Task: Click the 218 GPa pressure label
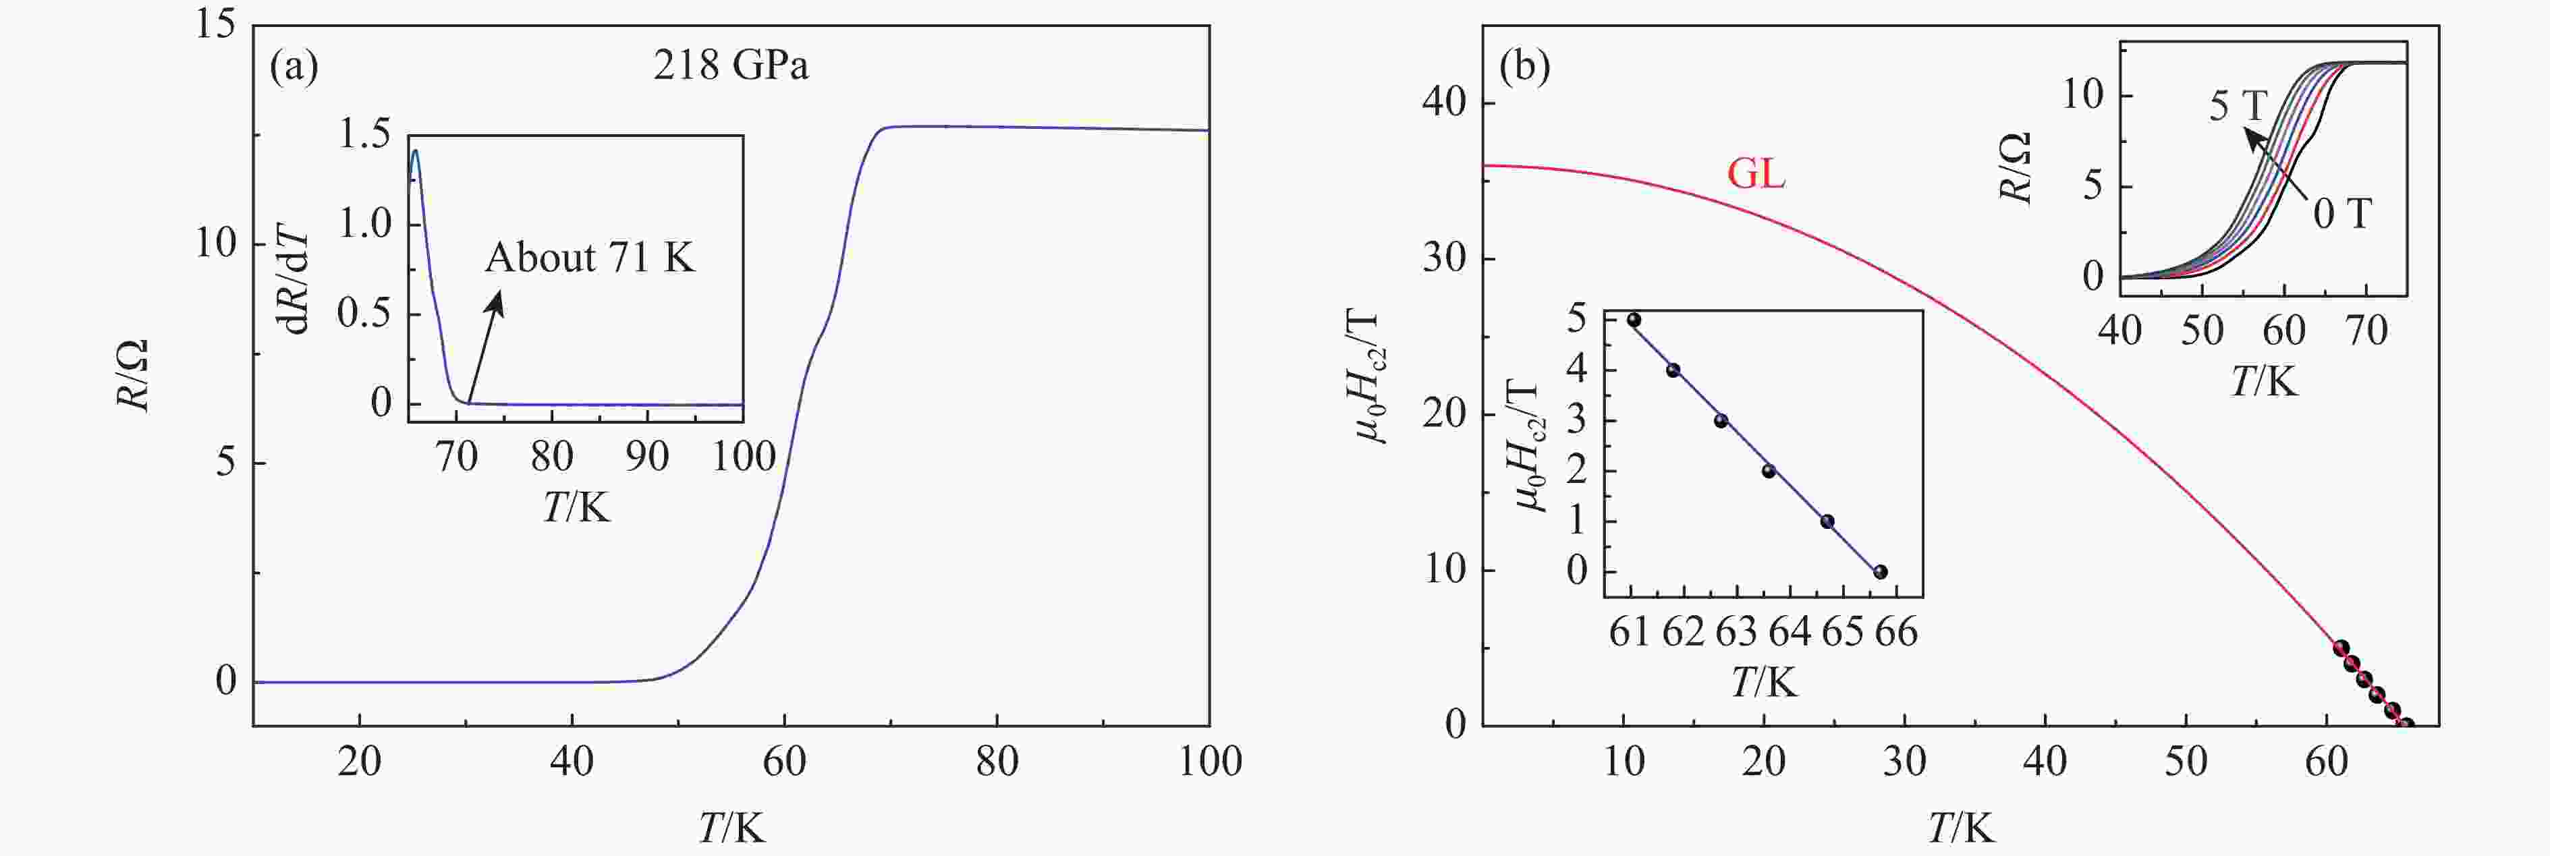tap(731, 66)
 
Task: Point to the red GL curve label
tap(1756, 174)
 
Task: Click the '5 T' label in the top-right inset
tap(2237, 106)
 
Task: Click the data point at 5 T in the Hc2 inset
tap(1634, 320)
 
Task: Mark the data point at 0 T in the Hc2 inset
tap(1880, 572)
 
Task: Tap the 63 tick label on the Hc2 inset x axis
tap(1736, 632)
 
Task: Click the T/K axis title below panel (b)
tap(1960, 827)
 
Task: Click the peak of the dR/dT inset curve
tap(415, 151)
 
